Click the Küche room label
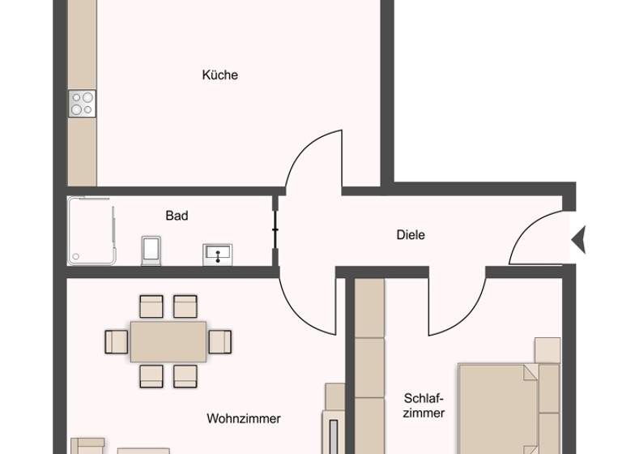click(x=219, y=75)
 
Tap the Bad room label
click(x=177, y=216)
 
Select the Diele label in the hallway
click(x=411, y=235)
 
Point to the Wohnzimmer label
click(x=243, y=419)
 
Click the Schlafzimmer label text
click(x=424, y=405)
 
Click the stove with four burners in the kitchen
click(x=82, y=103)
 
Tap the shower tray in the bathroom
click(x=92, y=231)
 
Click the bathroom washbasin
click(x=218, y=254)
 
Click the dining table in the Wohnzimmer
click(x=168, y=340)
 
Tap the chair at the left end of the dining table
click(x=117, y=341)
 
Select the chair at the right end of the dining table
click(x=219, y=341)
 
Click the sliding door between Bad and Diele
click(x=276, y=230)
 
